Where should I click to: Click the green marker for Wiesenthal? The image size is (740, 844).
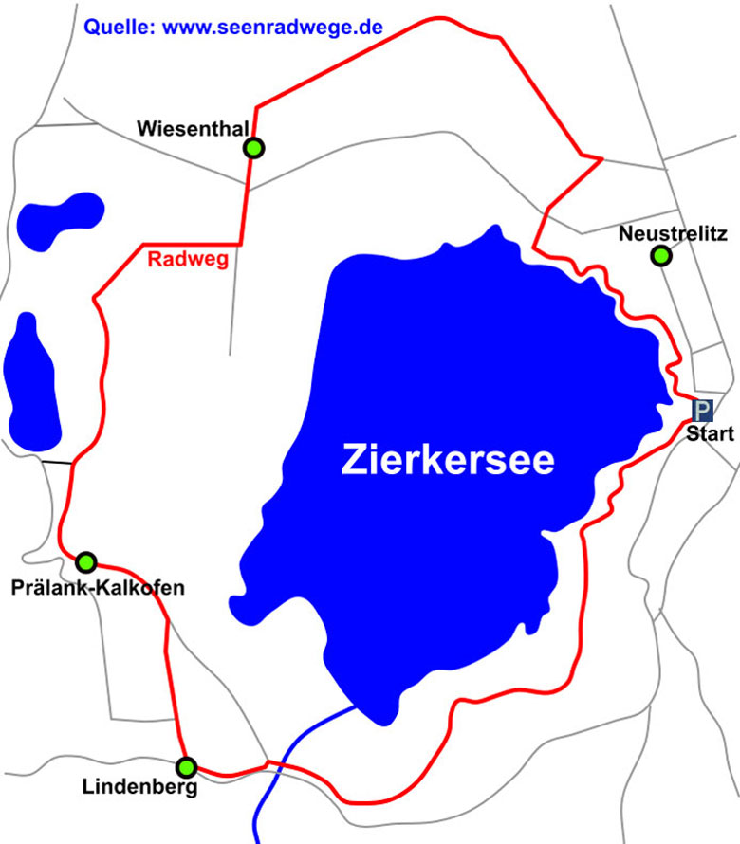[253, 148]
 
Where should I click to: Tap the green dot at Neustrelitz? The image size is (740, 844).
[661, 255]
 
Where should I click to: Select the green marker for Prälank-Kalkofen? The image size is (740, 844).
[86, 561]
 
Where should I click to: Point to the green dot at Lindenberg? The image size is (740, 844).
[187, 766]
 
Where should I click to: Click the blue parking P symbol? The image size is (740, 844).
[702, 411]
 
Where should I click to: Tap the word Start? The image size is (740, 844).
[711, 435]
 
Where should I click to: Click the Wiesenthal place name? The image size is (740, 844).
[193, 128]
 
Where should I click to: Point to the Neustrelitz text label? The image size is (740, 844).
[672, 232]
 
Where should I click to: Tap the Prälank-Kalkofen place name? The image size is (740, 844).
[98, 589]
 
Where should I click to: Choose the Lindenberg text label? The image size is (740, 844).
[139, 787]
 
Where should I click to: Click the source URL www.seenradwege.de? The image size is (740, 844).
[273, 28]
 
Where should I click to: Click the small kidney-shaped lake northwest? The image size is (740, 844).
[56, 219]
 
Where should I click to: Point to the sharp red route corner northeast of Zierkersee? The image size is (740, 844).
[601, 159]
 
